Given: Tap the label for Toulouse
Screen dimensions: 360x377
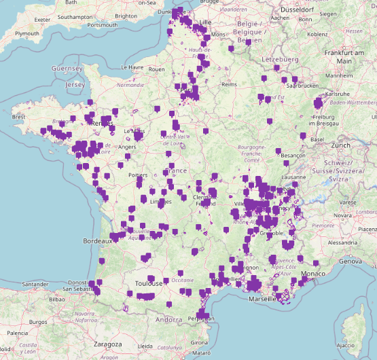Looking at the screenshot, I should (148, 283).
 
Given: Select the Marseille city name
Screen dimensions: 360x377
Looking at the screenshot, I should (262, 299).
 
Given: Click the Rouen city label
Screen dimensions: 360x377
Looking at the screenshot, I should (157, 69).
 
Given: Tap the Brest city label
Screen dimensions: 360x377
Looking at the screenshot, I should (20, 117).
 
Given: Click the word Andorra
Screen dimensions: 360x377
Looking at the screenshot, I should (169, 319).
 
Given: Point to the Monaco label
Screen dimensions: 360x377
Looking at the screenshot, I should (313, 273).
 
